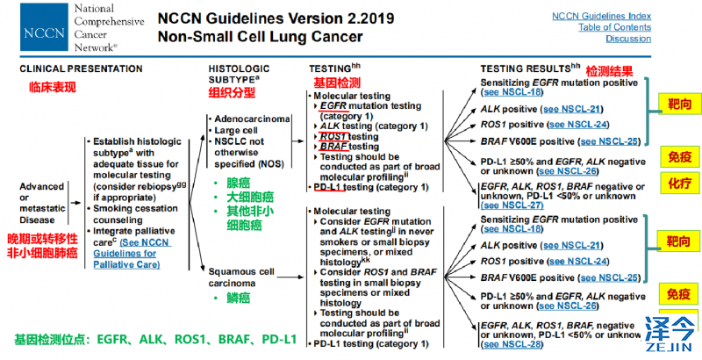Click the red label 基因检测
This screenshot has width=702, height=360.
(337, 81)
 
